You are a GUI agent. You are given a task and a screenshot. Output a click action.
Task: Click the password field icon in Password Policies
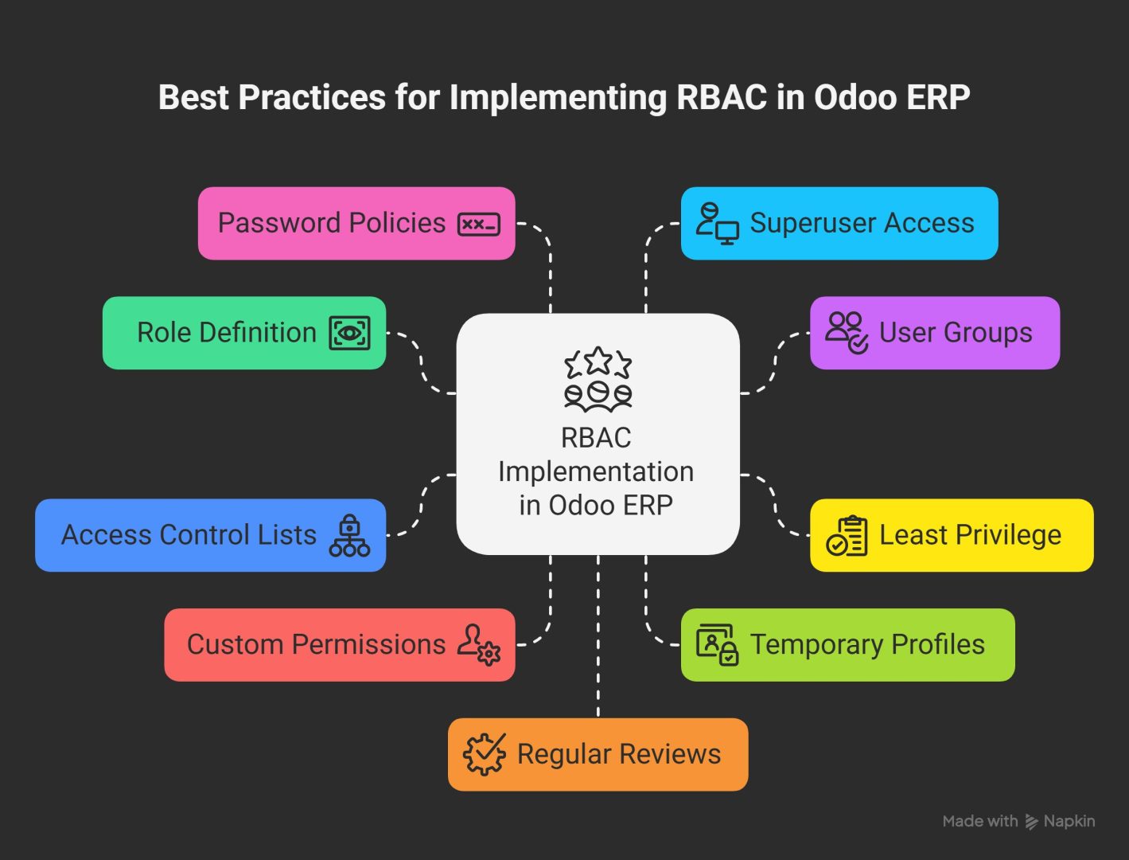tap(479, 225)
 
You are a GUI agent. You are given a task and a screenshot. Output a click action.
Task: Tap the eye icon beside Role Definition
tap(350, 333)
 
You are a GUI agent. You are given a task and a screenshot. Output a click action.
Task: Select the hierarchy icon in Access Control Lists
tap(350, 535)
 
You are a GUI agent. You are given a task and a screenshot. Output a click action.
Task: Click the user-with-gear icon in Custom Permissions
tap(479, 644)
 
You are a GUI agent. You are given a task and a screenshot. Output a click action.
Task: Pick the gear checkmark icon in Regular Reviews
tap(485, 754)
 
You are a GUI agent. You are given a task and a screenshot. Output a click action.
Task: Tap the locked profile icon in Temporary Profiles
tap(717, 644)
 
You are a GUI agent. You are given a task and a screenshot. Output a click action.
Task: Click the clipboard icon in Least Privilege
tap(847, 535)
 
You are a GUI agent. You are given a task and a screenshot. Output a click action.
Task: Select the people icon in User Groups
tap(847, 333)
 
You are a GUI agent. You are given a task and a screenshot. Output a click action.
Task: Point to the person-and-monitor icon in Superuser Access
tap(717, 224)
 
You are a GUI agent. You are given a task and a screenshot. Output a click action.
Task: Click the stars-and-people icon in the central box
tap(598, 379)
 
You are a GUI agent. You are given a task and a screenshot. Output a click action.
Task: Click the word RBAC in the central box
tap(596, 438)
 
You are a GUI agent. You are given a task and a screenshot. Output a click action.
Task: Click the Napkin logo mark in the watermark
tap(1032, 822)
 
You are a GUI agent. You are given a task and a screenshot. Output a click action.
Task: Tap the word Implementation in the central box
tap(596, 471)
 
